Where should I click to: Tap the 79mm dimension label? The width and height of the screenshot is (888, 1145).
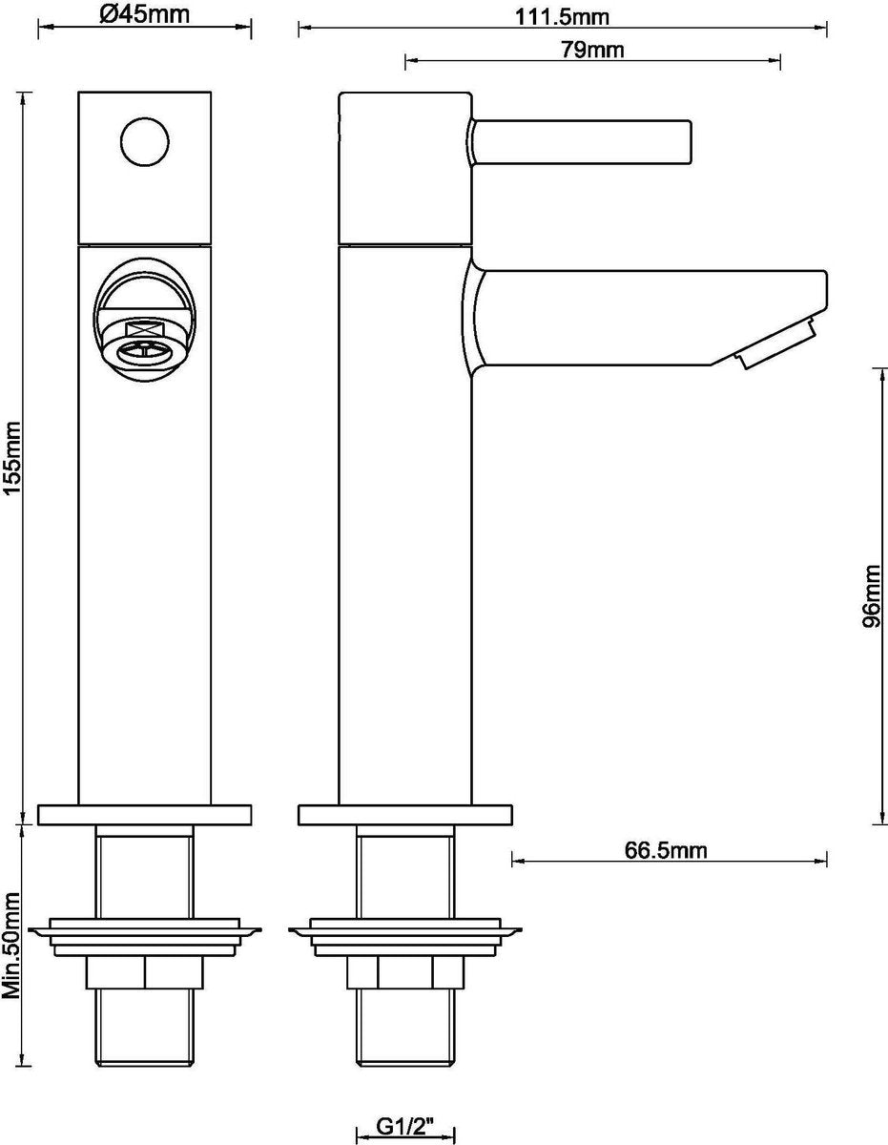coord(592,51)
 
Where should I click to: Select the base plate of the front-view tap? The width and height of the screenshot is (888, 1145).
coord(144,816)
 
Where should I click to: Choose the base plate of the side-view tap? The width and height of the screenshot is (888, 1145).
coord(404,816)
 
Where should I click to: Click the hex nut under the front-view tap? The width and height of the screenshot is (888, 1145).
coord(144,973)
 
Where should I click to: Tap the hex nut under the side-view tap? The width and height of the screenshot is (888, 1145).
coord(404,973)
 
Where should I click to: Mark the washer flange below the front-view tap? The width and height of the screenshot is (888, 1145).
coord(144,930)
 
